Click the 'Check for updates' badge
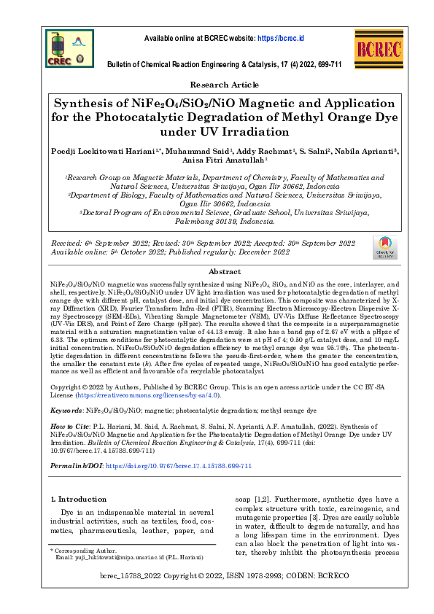tap(384, 248)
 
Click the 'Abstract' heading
tap(217, 270)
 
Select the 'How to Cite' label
tap(71, 426)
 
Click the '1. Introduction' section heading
tap(78, 499)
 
